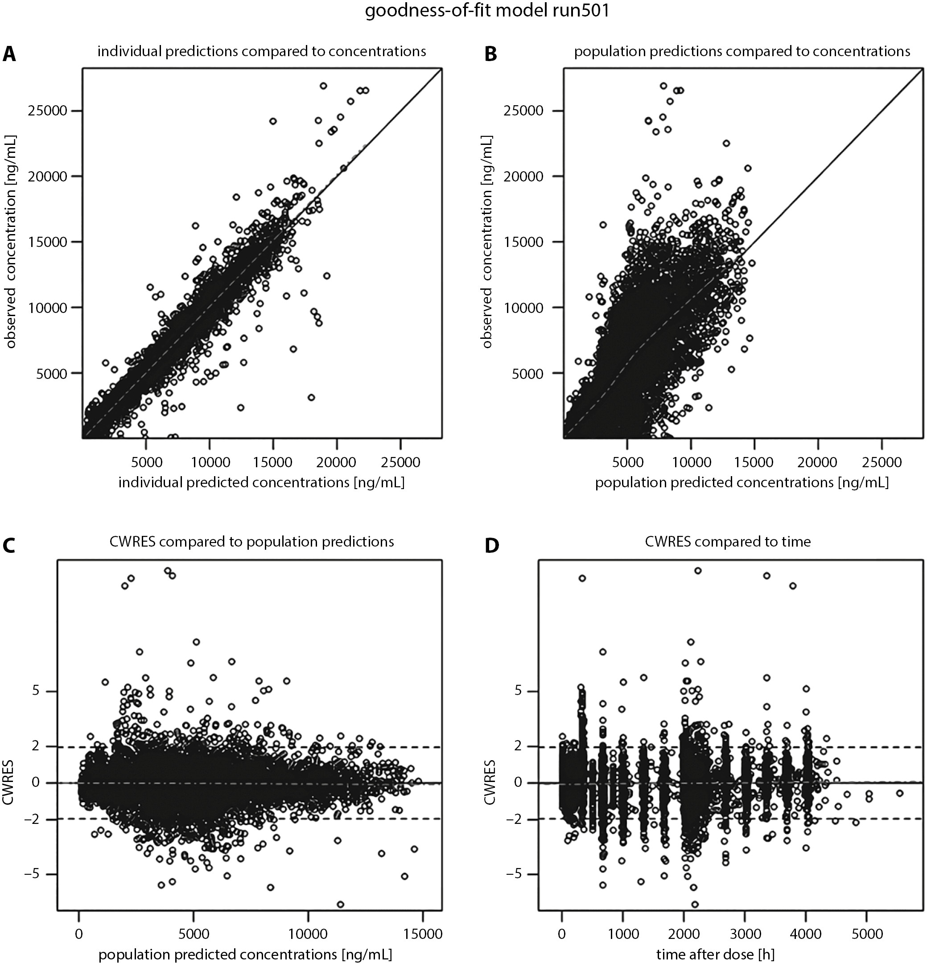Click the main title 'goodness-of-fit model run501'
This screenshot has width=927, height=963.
click(487, 11)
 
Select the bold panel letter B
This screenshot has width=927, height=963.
click(491, 54)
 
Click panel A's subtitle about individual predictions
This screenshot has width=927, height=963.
click(261, 52)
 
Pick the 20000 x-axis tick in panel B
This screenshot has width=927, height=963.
click(817, 462)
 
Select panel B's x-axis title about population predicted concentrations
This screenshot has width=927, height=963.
click(742, 482)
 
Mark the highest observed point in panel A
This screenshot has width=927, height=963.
click(323, 86)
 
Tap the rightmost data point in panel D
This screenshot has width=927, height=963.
click(899, 793)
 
